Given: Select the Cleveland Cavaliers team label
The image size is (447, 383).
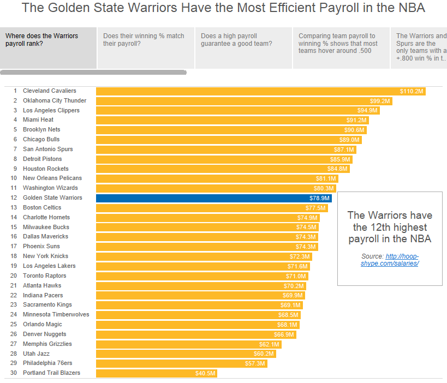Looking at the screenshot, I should (x=49, y=91).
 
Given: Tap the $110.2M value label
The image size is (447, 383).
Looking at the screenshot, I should (x=412, y=91).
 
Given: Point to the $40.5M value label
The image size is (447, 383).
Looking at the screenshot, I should (x=206, y=373).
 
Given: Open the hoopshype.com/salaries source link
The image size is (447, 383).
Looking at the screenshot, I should (x=390, y=260).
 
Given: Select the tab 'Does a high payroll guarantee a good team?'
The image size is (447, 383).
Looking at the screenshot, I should (x=243, y=40).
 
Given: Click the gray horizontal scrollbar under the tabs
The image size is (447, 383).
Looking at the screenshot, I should (x=93, y=72).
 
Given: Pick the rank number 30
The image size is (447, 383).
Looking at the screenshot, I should (x=14, y=373).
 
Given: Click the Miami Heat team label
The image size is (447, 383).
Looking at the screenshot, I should (x=38, y=120).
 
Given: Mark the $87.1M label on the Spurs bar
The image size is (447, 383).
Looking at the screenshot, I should (x=344, y=149).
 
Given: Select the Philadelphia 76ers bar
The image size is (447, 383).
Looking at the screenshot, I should (x=169, y=363).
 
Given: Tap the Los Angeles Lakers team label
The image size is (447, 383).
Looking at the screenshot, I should (x=49, y=266).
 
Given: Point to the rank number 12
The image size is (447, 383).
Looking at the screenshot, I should (x=14, y=198).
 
